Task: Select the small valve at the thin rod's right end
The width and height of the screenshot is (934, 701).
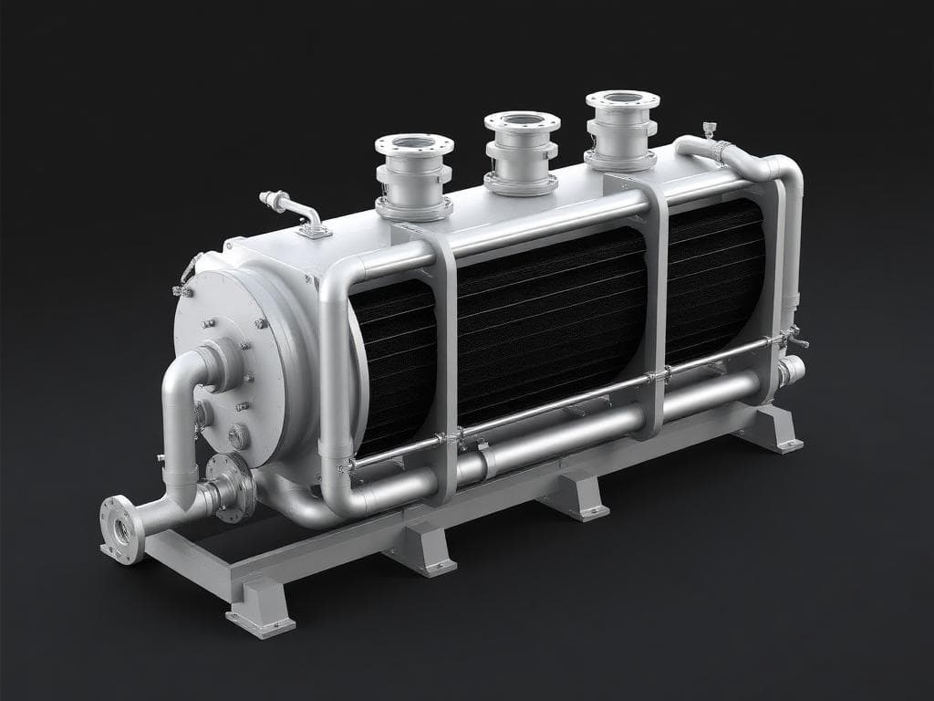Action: click(794, 339)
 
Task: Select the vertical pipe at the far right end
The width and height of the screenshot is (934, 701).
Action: click(792, 246)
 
